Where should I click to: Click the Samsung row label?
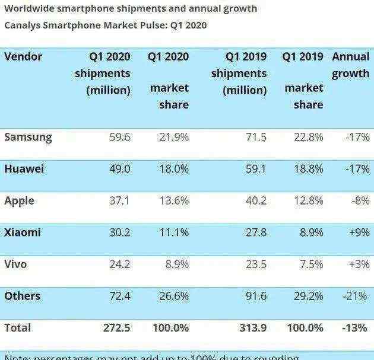pyautogui.click(x=28, y=137)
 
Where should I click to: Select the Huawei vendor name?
pyautogui.click(x=24, y=168)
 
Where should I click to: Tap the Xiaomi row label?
pyautogui.click(x=23, y=232)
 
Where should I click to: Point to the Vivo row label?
pyautogui.click(x=15, y=264)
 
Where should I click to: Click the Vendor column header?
pyautogui.click(x=23, y=57)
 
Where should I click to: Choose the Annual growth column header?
pyautogui.click(x=350, y=65)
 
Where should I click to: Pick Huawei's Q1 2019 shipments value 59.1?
pyautogui.click(x=255, y=168)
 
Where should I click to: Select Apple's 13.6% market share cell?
pyautogui.click(x=173, y=200)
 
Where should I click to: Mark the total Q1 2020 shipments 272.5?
pyautogui.click(x=115, y=327)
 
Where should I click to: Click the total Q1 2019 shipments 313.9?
pyautogui.click(x=252, y=327)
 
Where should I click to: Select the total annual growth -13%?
pyautogui.click(x=356, y=327)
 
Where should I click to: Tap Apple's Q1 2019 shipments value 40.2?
pyautogui.click(x=255, y=200)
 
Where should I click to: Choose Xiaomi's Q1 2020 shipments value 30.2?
pyautogui.click(x=118, y=232)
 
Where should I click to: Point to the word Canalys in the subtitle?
pyautogui.click(x=23, y=26)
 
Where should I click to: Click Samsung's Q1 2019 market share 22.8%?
pyautogui.click(x=308, y=137)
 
